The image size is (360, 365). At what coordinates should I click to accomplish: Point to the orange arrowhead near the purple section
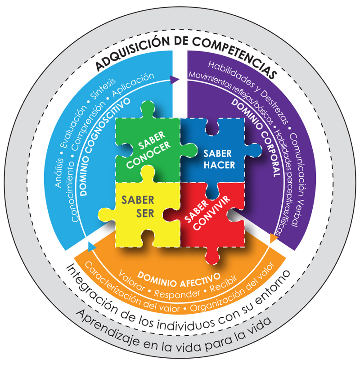(273, 238)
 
